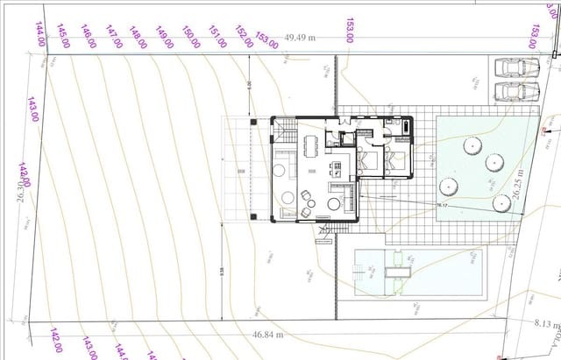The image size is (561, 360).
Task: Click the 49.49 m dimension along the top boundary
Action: (x=300, y=39)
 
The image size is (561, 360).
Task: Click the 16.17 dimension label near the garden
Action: (x=442, y=206)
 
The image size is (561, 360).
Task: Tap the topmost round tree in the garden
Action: (x=472, y=145)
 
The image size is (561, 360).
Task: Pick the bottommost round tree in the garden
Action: (x=502, y=203)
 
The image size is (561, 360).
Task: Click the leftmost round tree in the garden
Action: (x=449, y=186)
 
